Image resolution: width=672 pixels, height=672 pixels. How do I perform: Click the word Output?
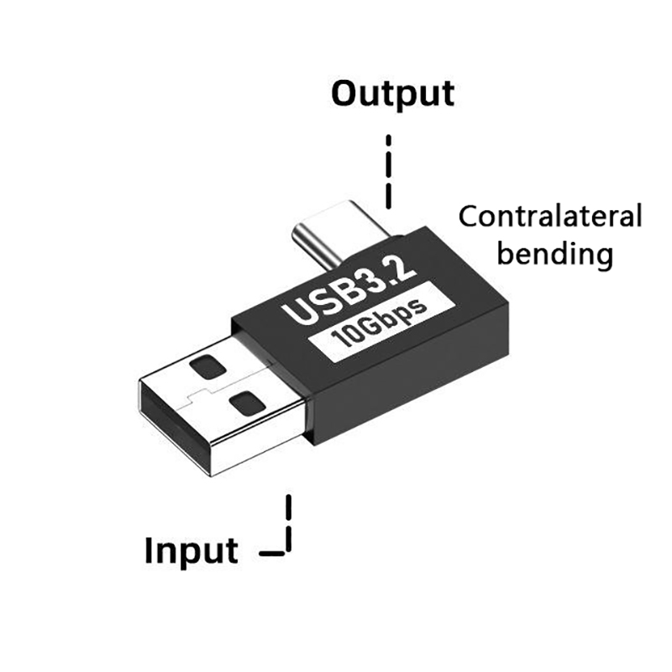pos(392,95)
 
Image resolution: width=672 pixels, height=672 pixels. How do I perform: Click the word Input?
pos(192,552)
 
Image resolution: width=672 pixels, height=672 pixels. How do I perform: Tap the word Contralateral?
pos(550,217)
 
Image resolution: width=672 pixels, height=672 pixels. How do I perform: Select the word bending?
pos(554,253)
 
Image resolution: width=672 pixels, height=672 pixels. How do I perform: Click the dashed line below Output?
pos(388,172)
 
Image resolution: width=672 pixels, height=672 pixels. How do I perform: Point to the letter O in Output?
pos(345,94)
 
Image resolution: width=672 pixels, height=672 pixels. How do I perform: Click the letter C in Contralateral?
pos(467,218)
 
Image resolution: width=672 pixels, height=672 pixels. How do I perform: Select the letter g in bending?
pos(600,255)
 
